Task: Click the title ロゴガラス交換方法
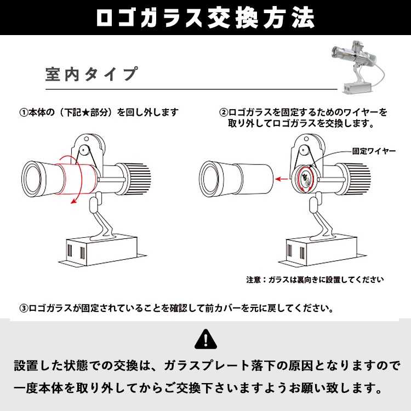click(205, 18)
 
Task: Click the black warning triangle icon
click(205, 339)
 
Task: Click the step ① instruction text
click(99, 112)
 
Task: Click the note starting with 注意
click(315, 279)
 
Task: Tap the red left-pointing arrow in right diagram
click(281, 178)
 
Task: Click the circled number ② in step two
click(224, 112)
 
